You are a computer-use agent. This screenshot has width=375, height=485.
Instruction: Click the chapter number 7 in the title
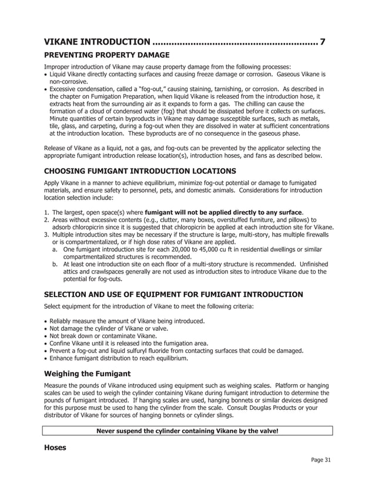click(x=322, y=42)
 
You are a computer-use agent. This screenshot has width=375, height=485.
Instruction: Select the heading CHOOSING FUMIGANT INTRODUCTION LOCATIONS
click(x=140, y=171)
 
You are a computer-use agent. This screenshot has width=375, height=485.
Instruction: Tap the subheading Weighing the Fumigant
click(x=88, y=373)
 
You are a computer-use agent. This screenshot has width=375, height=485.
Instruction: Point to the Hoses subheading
click(x=55, y=447)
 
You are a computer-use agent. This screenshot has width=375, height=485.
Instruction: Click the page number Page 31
click(x=321, y=460)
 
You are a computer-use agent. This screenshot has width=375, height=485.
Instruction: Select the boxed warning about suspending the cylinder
click(x=187, y=431)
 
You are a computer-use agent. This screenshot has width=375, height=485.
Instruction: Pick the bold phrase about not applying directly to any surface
click(x=223, y=211)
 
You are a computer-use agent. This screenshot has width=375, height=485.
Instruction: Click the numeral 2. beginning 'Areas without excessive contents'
click(x=47, y=219)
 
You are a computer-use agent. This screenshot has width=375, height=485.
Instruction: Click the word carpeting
click(x=103, y=126)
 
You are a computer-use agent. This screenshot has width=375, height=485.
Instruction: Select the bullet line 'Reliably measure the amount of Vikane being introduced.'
click(x=127, y=321)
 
